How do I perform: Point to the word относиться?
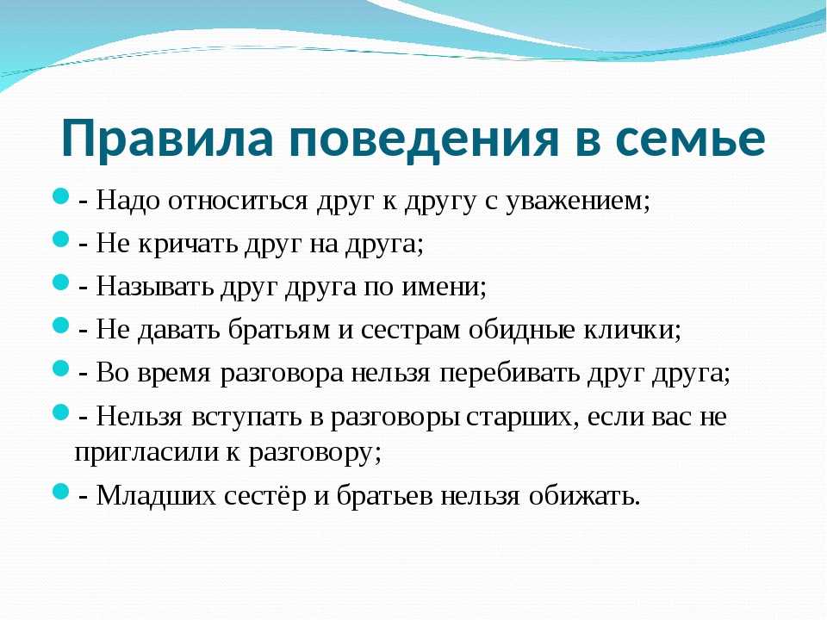pyautogui.click(x=238, y=201)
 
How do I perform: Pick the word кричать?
pyautogui.click(x=188, y=245)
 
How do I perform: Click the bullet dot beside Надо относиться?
pyautogui.click(x=61, y=197)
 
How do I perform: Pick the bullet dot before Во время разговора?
pyautogui.click(x=61, y=369)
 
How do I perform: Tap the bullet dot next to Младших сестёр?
pyautogui.click(x=61, y=493)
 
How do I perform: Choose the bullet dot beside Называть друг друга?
pyautogui.click(x=61, y=282)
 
